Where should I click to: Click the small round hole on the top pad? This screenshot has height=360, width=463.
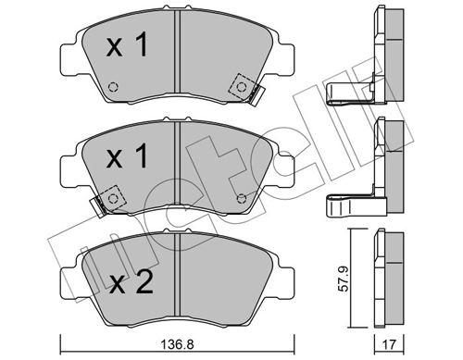113,88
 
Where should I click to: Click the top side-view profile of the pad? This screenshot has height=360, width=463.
387,42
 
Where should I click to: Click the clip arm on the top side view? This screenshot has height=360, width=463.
352,91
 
